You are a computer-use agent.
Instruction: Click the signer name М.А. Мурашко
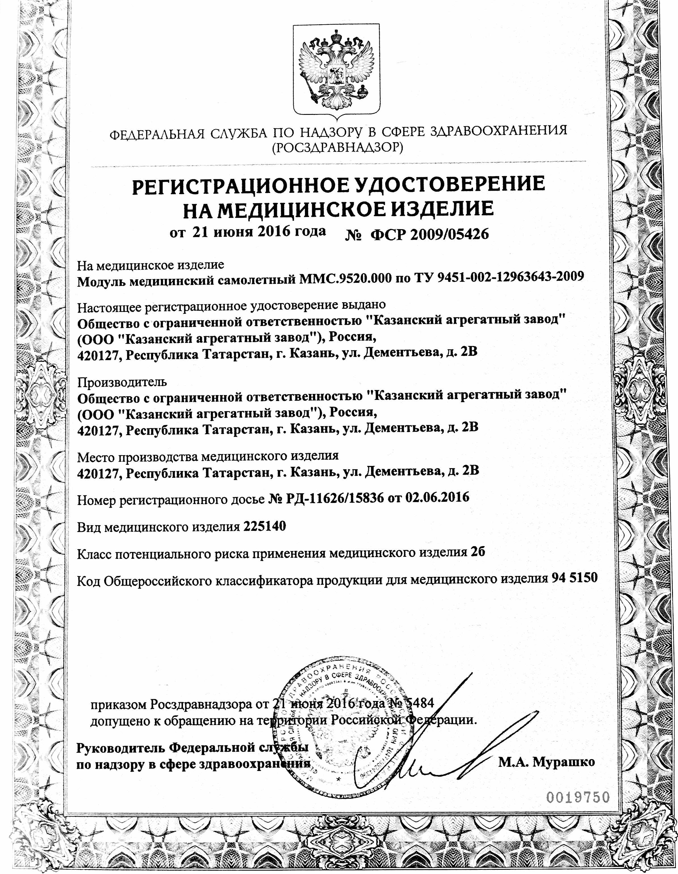[x=546, y=762]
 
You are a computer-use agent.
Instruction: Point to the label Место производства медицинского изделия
[x=208, y=455]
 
